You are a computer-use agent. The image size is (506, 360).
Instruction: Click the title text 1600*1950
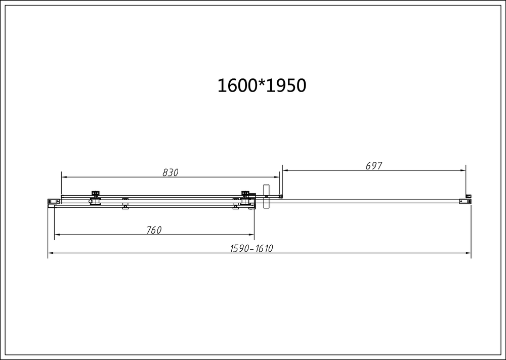262,85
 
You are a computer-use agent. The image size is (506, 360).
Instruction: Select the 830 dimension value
171,172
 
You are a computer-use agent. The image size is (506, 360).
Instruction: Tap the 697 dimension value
373,166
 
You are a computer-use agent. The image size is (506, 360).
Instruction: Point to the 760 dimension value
153,230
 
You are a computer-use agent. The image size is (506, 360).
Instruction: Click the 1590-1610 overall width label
251,249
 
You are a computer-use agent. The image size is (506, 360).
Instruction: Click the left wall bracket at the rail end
52,202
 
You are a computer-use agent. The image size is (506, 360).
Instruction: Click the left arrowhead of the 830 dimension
64,177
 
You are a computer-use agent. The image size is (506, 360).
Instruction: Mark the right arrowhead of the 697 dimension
462,170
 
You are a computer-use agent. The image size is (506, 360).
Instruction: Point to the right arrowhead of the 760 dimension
251,235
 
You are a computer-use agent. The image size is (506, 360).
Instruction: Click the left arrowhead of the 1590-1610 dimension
51,254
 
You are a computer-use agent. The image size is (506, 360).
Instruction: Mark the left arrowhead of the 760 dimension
57,235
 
